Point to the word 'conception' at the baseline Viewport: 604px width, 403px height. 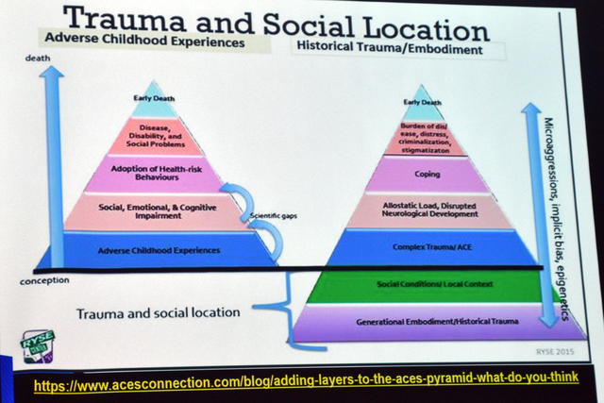(x=44, y=281)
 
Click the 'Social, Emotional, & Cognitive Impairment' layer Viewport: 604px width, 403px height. (x=154, y=210)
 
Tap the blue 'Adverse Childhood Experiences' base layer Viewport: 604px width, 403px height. (x=154, y=250)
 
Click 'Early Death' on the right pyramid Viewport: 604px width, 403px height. (x=422, y=102)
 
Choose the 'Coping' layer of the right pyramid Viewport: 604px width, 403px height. (x=422, y=175)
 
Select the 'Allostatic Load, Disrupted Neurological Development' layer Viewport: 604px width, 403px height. (x=422, y=210)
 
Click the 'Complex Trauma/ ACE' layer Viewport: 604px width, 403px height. (x=422, y=248)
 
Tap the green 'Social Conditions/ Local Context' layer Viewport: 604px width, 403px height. (x=422, y=285)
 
